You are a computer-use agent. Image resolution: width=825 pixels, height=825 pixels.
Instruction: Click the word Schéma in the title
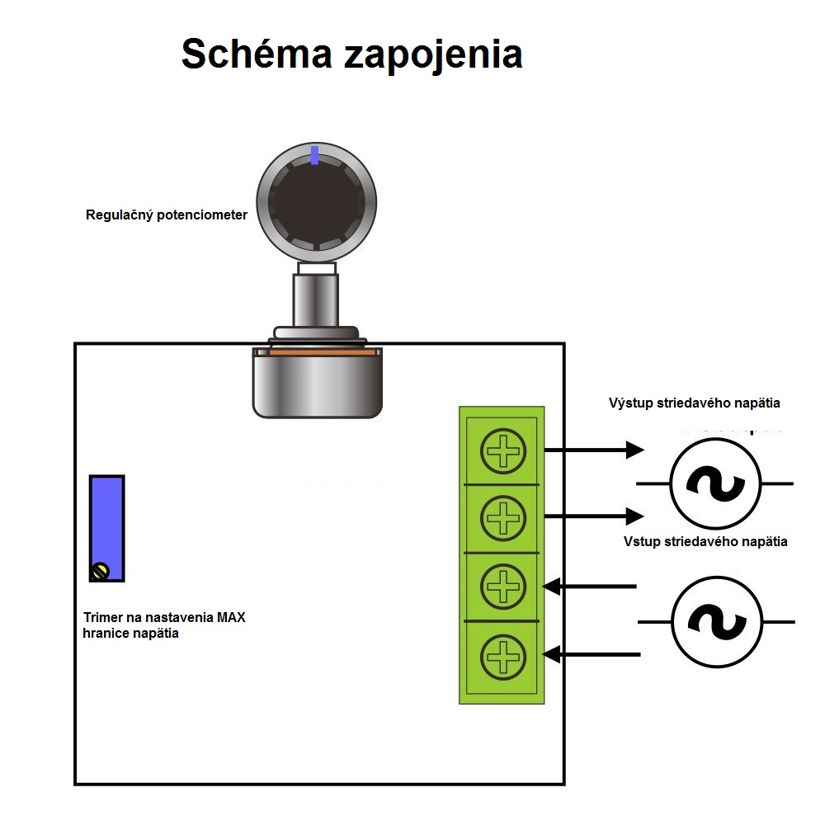[x=257, y=54]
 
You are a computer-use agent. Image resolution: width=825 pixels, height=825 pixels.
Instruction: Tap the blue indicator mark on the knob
[x=314, y=155]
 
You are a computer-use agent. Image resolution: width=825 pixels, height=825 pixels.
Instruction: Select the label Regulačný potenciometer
[x=167, y=215]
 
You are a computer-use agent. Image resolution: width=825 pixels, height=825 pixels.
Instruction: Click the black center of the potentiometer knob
[x=316, y=202]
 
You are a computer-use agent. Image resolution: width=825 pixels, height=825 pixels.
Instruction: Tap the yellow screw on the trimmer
[x=100, y=572]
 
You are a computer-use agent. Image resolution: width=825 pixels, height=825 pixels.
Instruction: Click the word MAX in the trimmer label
[x=231, y=617]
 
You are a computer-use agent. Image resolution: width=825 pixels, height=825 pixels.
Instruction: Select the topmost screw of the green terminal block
[x=503, y=451]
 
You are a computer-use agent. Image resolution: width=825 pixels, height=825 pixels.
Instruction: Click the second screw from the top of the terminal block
[x=503, y=518]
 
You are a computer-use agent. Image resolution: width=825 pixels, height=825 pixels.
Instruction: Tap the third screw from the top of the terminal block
[x=503, y=587]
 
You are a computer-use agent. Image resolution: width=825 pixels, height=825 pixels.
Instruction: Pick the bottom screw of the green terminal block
[x=503, y=657]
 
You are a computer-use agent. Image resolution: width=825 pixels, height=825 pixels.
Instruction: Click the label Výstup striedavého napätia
[x=695, y=403]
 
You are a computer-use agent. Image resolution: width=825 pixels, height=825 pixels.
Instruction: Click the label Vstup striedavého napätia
[x=705, y=542]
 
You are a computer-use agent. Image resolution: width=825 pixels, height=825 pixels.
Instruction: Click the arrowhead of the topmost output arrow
[x=634, y=450]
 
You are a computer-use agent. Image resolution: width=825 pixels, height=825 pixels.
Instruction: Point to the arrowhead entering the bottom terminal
[x=551, y=654]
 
